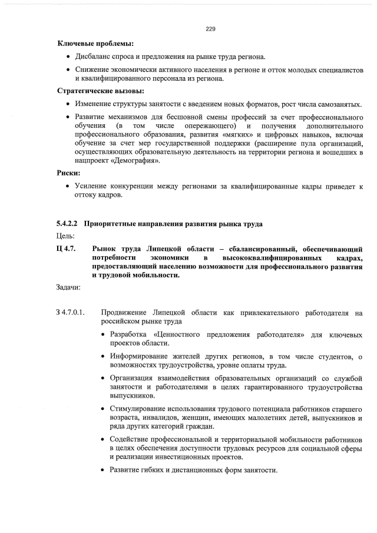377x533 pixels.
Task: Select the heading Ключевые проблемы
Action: click(x=95, y=44)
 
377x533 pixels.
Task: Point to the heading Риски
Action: click(x=68, y=174)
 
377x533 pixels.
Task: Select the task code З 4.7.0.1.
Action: click(x=71, y=312)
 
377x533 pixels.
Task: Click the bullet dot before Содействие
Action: click(x=104, y=441)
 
